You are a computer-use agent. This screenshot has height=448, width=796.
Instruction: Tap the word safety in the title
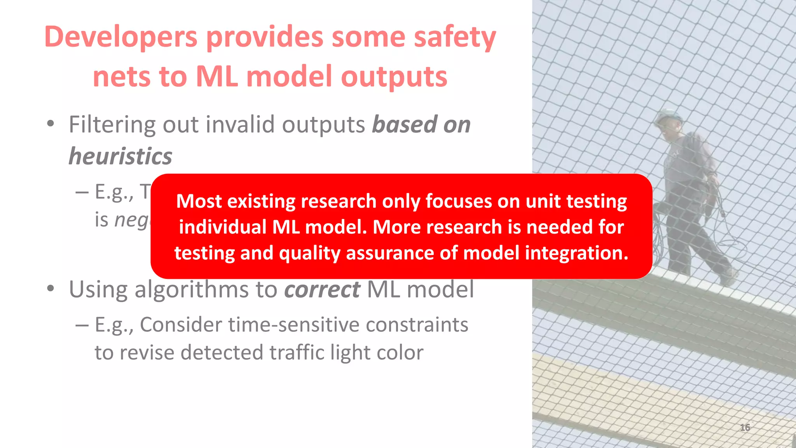pyautogui.click(x=455, y=37)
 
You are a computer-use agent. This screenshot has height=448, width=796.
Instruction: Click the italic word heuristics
pyautogui.click(x=120, y=156)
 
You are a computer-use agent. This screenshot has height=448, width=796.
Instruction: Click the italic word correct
pyautogui.click(x=322, y=290)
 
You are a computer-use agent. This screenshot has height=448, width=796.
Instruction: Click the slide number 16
pyautogui.click(x=745, y=427)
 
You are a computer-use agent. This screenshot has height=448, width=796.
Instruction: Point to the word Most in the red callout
pyautogui.click(x=199, y=201)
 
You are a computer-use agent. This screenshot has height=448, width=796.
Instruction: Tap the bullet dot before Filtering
pyautogui.click(x=50, y=125)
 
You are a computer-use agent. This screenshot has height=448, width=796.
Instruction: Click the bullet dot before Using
pyautogui.click(x=50, y=289)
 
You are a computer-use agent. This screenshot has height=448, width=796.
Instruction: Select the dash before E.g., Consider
pyautogui.click(x=82, y=325)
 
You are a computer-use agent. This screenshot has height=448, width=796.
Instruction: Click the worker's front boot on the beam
pyautogui.click(x=728, y=277)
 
